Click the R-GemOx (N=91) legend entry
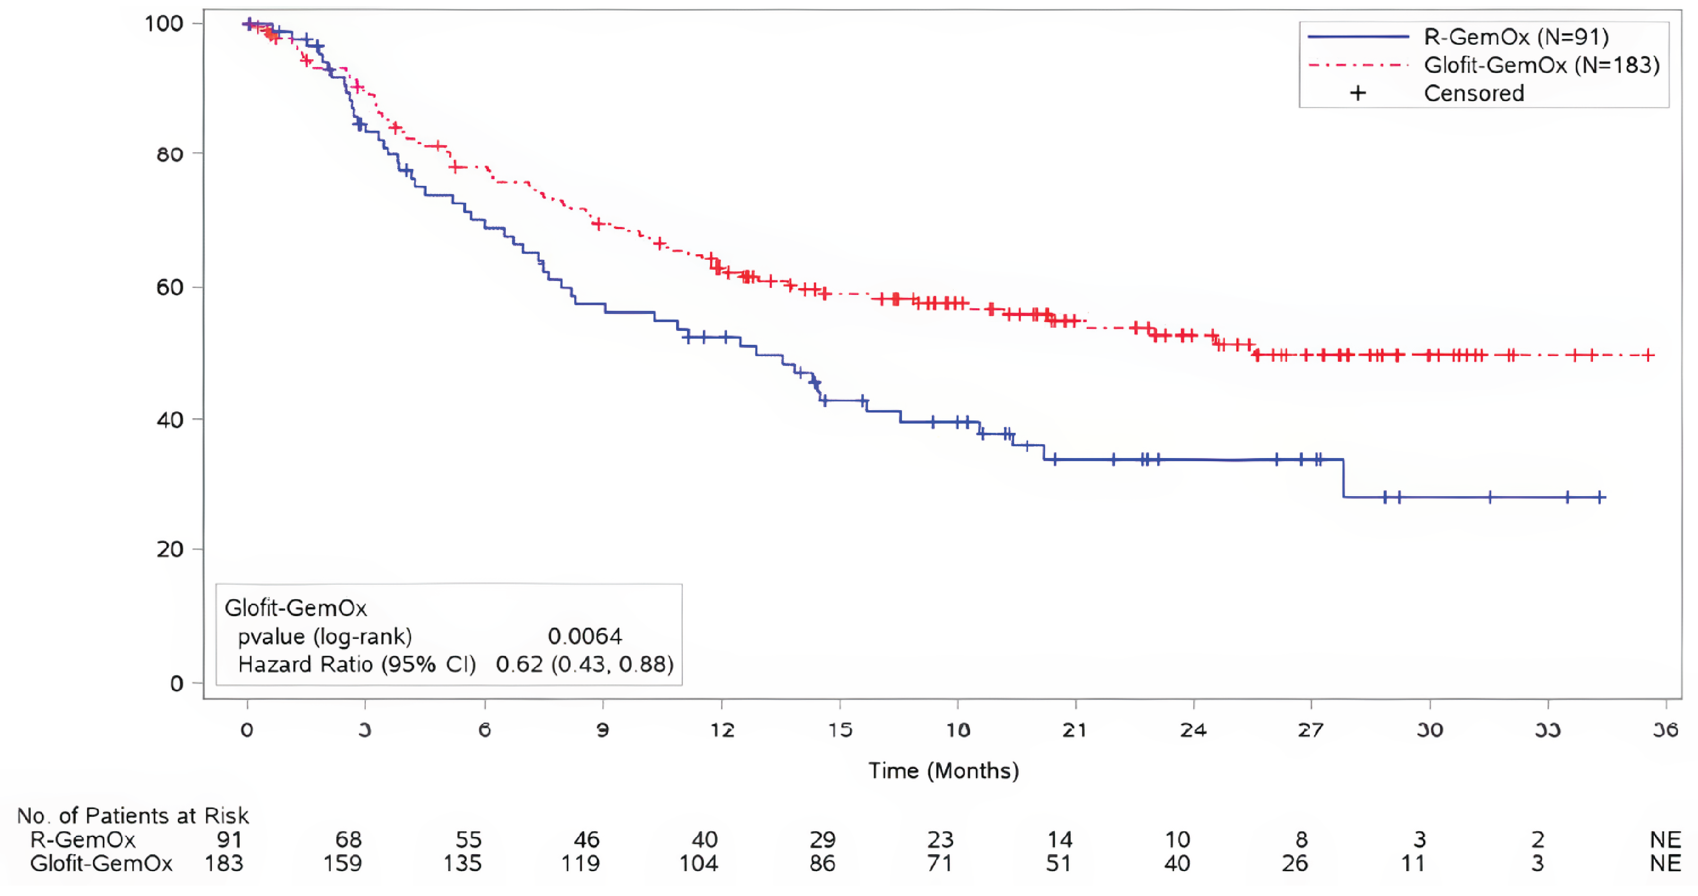pyautogui.click(x=1516, y=37)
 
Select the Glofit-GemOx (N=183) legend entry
pyautogui.click(x=1541, y=65)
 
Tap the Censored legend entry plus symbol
pyautogui.click(x=1357, y=93)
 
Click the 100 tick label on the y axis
pyautogui.click(x=164, y=24)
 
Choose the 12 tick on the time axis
pyautogui.click(x=722, y=730)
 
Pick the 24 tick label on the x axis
pyautogui.click(x=1193, y=730)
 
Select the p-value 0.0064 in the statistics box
pyautogui.click(x=585, y=636)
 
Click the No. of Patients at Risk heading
pyautogui.click(x=132, y=816)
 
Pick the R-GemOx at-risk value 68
pyautogui.click(x=349, y=839)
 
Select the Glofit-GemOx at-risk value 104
pyautogui.click(x=699, y=863)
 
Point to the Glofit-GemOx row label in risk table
pyautogui.click(x=101, y=863)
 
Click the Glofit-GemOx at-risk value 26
pyautogui.click(x=1295, y=863)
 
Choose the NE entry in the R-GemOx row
pyautogui.click(x=1665, y=839)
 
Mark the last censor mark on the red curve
pyautogui.click(x=1649, y=356)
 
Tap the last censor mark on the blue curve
pyautogui.click(x=1600, y=497)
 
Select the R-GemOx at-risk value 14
pyautogui.click(x=1060, y=839)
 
